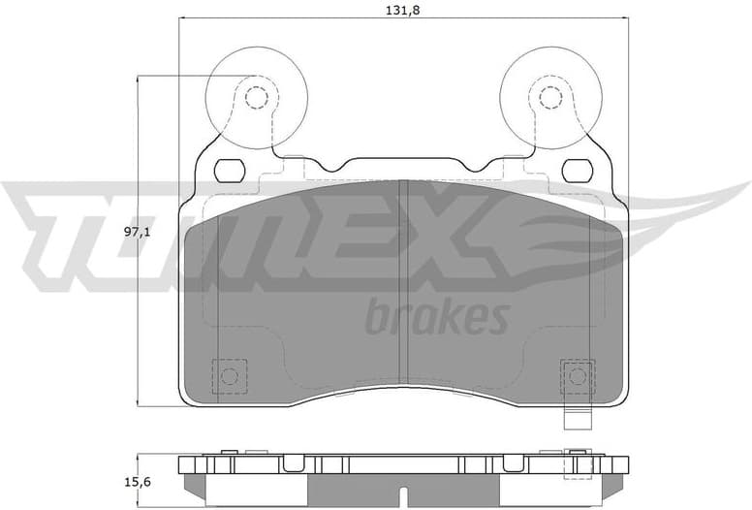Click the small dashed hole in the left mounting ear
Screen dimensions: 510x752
coord(256,97)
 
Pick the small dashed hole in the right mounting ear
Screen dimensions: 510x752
coord(550,97)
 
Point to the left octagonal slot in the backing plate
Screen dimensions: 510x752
coord(229,171)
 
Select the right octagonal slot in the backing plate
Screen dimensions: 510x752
coord(579,171)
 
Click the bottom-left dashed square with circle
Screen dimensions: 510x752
coord(230,376)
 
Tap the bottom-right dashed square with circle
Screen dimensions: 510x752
coord(579,376)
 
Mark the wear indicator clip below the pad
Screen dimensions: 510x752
coord(579,419)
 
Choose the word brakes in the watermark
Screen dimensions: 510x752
coord(437,317)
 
